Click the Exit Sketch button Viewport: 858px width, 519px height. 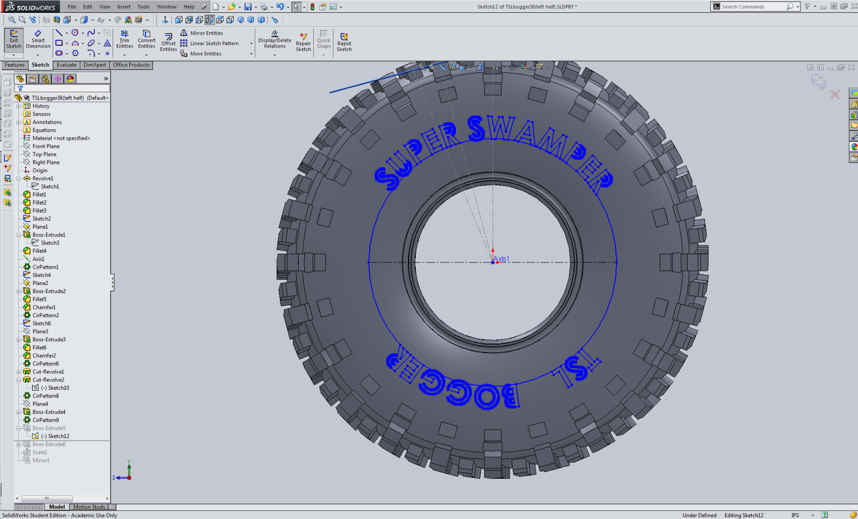[13, 39]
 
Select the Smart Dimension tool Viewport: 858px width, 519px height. [38, 39]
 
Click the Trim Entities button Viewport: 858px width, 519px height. [124, 39]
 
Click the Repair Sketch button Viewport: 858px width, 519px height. [303, 42]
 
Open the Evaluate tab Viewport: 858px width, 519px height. [66, 65]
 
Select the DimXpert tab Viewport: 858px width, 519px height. [95, 65]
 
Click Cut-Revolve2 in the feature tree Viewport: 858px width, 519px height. [48, 380]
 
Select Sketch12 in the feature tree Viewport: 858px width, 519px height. [58, 436]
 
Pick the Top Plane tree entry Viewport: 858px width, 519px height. [44, 154]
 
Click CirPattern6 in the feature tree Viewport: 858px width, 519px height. [46, 364]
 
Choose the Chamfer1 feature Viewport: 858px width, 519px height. [44, 307]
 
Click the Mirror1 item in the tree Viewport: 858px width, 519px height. [41, 460]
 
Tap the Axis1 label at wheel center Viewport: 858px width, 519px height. [501, 259]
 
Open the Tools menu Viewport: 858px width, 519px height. [143, 7]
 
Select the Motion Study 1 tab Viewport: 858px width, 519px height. [91, 507]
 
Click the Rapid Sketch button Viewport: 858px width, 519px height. [344, 42]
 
